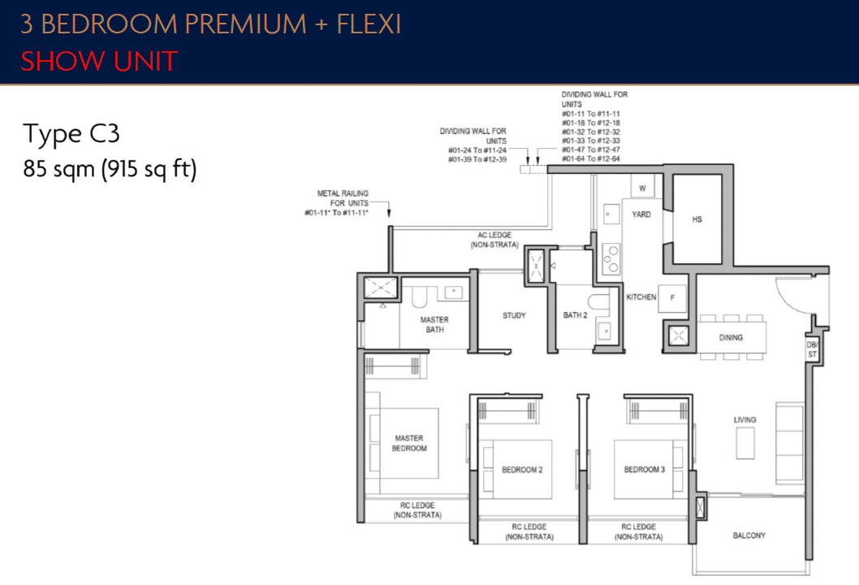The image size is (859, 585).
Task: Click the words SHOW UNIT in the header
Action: tap(98, 61)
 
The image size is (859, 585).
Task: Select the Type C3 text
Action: tap(71, 134)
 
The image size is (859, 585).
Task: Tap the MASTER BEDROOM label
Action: tap(409, 443)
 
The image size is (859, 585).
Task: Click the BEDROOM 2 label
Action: tap(522, 470)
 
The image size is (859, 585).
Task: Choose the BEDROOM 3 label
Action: tap(645, 470)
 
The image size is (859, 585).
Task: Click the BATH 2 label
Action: tap(575, 315)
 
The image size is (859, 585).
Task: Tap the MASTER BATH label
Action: tap(434, 324)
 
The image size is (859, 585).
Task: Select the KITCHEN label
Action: tap(641, 297)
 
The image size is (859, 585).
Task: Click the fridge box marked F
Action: tap(672, 298)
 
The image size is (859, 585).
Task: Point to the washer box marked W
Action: tap(642, 188)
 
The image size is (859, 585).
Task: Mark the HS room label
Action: tap(697, 219)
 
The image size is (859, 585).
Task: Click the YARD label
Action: tap(641, 214)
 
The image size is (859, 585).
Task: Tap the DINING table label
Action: tap(731, 337)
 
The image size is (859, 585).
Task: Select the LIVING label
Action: tap(745, 420)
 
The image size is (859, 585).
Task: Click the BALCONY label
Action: tap(749, 535)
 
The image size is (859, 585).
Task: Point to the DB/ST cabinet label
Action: tap(811, 349)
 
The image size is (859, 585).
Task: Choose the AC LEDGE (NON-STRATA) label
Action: tap(494, 239)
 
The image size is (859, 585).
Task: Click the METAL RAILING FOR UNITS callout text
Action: tap(343, 202)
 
